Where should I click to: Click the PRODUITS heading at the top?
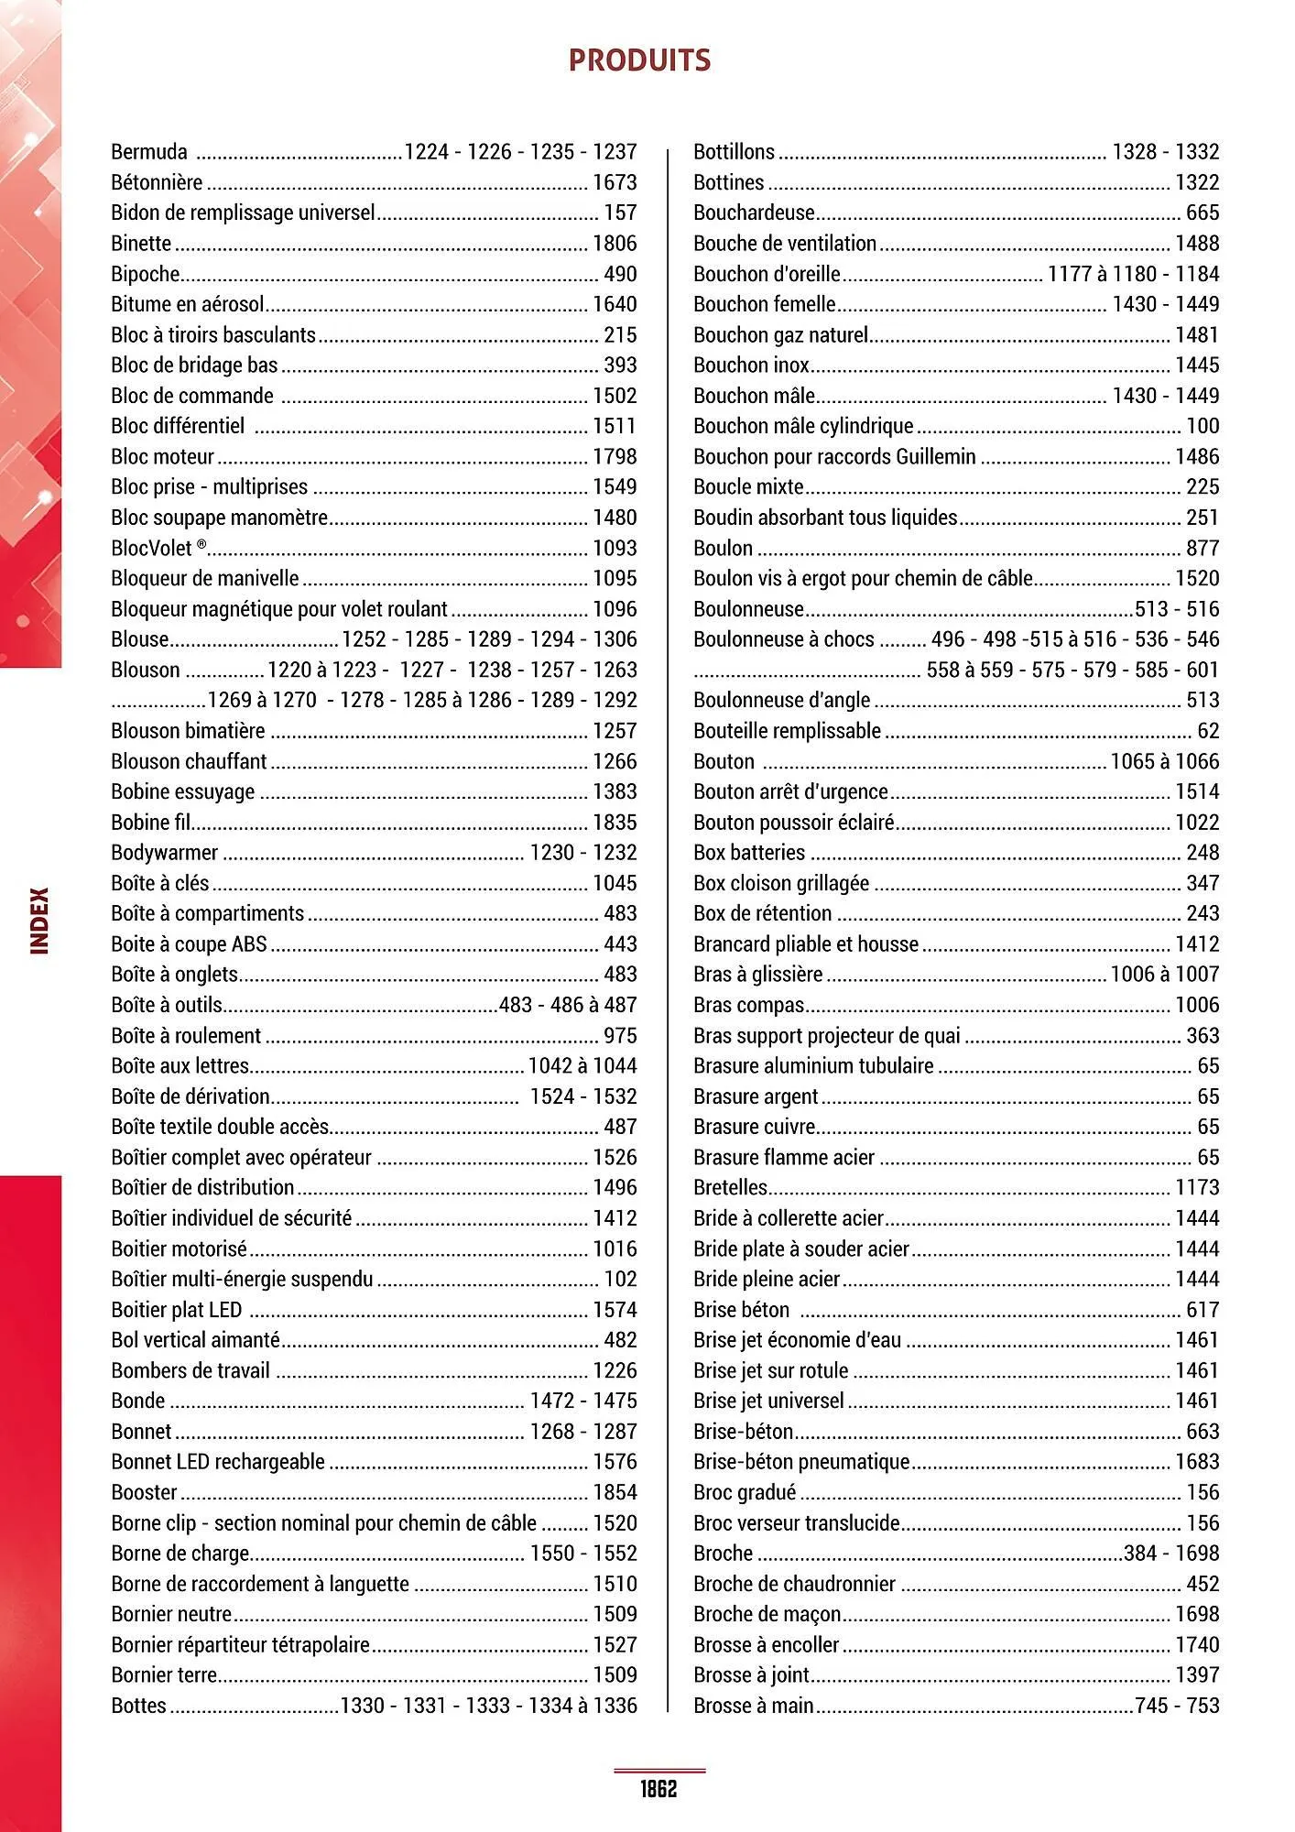click(639, 60)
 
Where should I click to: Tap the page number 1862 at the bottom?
click(658, 1788)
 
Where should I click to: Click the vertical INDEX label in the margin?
click(40, 921)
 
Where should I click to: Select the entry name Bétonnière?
click(157, 182)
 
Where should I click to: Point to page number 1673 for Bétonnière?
click(615, 182)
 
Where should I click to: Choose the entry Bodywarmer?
click(165, 853)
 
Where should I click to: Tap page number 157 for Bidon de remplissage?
click(620, 213)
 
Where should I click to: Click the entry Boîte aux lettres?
click(180, 1066)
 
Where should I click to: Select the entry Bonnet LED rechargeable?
click(218, 1462)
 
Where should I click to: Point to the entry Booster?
click(144, 1492)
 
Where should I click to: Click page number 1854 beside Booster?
click(615, 1492)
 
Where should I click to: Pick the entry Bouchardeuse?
click(754, 213)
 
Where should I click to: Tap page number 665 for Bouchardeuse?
click(1202, 213)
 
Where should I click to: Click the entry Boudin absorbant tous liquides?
click(825, 518)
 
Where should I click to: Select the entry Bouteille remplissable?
click(787, 731)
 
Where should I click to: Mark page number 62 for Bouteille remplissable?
click(1208, 731)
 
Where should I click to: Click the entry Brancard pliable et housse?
click(806, 944)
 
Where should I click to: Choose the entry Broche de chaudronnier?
click(794, 1584)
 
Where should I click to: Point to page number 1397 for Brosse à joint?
click(1197, 1675)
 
